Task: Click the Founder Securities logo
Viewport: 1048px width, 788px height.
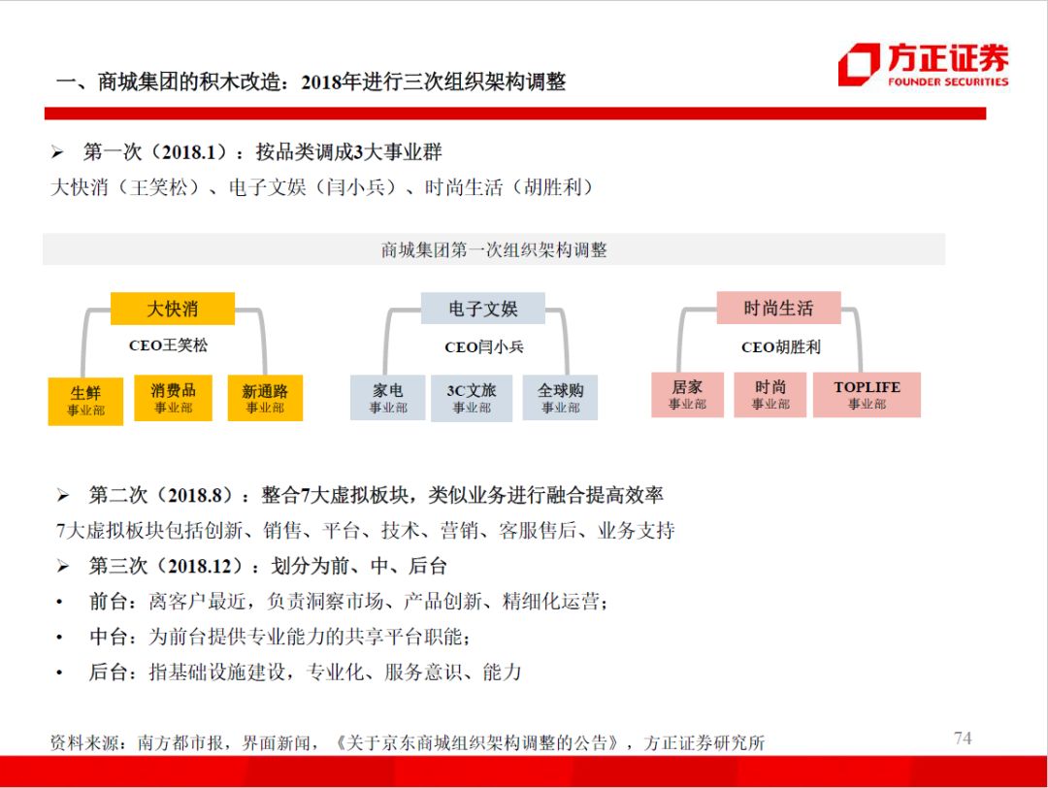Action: click(924, 65)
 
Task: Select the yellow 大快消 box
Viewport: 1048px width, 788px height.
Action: click(173, 308)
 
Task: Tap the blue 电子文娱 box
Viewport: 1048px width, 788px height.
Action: click(482, 308)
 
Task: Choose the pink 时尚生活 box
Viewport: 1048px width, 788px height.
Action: click(778, 308)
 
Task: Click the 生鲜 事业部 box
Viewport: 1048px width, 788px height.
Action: click(85, 401)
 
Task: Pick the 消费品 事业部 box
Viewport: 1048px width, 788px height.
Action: click(173, 398)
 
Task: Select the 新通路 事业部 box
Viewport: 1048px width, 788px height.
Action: click(265, 398)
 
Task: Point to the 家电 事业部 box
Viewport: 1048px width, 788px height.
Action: click(387, 398)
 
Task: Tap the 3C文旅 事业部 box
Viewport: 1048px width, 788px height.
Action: click(472, 398)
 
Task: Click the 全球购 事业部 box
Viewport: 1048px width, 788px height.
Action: click(560, 398)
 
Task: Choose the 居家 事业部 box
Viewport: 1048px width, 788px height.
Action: click(687, 394)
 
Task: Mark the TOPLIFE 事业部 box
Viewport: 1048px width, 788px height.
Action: click(867, 394)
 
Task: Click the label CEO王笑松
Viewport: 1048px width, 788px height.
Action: click(169, 345)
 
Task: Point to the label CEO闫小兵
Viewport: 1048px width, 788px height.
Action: click(484, 346)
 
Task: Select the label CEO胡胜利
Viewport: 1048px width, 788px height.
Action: click(780, 346)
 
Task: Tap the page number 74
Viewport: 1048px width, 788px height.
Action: click(963, 738)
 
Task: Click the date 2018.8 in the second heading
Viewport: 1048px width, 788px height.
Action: click(194, 495)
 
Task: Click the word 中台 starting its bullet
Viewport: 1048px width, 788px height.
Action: click(109, 637)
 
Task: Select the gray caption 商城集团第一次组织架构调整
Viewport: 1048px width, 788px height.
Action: click(494, 250)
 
